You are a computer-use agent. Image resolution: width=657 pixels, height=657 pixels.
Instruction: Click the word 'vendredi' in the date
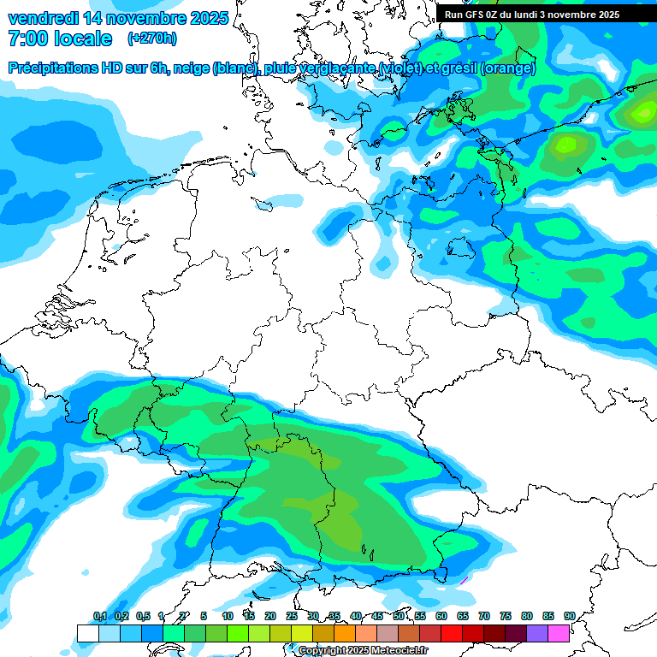click(42, 18)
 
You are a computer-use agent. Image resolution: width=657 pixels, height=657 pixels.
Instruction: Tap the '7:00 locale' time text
click(59, 38)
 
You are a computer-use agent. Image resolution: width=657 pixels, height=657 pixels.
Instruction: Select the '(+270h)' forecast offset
click(153, 38)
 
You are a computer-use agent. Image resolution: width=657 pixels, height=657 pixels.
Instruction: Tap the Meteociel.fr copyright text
click(363, 651)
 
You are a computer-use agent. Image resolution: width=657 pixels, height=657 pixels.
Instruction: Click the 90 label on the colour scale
click(569, 616)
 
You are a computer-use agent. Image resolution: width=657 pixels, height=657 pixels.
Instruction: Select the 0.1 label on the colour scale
click(99, 616)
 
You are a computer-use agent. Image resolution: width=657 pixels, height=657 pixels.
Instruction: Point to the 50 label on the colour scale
click(399, 616)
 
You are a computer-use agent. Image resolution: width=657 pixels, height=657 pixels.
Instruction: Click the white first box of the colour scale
click(87, 633)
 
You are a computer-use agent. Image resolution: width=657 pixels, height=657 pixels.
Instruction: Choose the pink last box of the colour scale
click(559, 633)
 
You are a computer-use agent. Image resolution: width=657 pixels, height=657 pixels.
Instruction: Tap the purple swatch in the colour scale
click(537, 633)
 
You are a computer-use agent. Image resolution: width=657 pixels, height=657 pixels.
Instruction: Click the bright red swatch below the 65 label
click(452, 633)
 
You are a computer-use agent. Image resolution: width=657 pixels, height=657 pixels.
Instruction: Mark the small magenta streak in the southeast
click(465, 580)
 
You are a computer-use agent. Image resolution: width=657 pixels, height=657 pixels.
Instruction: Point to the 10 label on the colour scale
click(228, 616)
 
